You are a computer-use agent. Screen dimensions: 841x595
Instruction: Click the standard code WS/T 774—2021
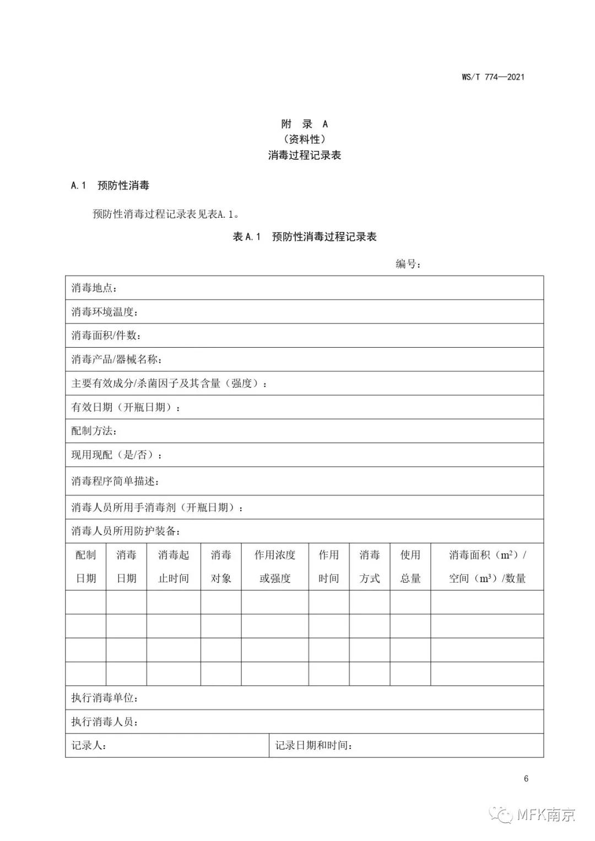[x=493, y=77]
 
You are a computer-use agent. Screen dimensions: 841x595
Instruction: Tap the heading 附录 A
[x=304, y=124]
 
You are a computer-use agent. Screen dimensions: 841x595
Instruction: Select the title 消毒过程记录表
[x=304, y=155]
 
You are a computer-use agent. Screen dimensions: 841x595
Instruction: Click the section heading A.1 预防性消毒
[x=110, y=185]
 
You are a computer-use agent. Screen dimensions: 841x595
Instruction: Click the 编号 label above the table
[x=408, y=264]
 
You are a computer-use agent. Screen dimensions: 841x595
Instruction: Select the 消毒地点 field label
[x=94, y=288]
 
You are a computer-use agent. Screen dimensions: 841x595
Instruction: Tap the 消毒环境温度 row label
[x=104, y=312]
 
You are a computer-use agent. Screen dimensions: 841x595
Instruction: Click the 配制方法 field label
[x=94, y=431]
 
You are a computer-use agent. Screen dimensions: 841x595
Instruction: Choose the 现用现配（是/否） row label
[x=117, y=455]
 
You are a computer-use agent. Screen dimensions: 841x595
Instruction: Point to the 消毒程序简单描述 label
[x=115, y=481]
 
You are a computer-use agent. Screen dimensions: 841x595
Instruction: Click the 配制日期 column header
[x=85, y=567]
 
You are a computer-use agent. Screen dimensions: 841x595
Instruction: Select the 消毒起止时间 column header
[x=174, y=567]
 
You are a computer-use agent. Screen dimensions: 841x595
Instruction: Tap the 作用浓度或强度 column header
[x=275, y=567]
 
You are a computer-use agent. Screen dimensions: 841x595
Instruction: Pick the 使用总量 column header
[x=410, y=567]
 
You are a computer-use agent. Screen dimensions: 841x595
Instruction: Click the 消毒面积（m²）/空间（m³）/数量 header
[x=487, y=567]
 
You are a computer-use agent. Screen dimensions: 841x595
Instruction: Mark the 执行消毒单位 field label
[x=104, y=698]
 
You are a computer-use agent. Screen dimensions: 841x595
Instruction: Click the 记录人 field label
[x=89, y=746]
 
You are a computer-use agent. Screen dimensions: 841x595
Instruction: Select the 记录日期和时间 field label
[x=313, y=746]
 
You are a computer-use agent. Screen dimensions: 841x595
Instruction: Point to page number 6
[x=526, y=779]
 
